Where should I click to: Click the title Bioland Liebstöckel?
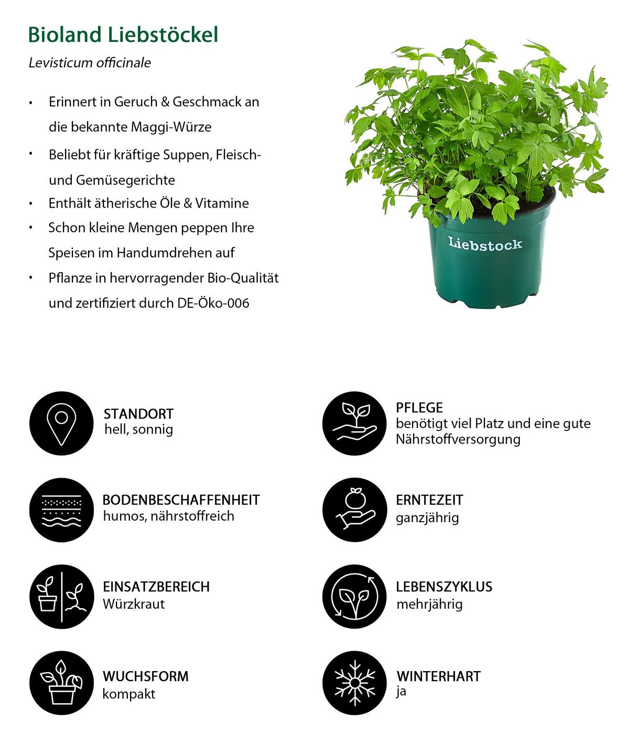coord(123,35)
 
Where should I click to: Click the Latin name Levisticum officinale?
coord(90,63)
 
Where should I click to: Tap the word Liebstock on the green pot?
coord(485,244)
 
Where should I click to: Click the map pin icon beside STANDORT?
coord(61,423)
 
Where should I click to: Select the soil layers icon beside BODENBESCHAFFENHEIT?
coord(61,510)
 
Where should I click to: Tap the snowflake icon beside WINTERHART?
coord(355,683)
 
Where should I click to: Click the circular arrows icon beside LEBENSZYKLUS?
coord(355,596)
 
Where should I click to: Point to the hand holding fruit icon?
coord(355,510)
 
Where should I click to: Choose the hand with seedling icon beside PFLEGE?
coord(355,423)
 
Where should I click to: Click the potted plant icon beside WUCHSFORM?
coord(61,683)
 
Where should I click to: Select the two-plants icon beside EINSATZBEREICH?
coord(61,596)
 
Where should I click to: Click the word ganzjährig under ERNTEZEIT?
coord(427,518)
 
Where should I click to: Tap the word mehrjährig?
coord(429,604)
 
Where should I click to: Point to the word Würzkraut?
coord(134,604)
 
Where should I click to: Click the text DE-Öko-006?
coord(213,303)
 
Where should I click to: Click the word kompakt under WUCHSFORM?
coord(129,694)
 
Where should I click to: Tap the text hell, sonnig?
coord(138,429)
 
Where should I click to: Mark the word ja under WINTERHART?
coord(401,692)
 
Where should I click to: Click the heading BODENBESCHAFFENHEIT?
coord(181,500)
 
